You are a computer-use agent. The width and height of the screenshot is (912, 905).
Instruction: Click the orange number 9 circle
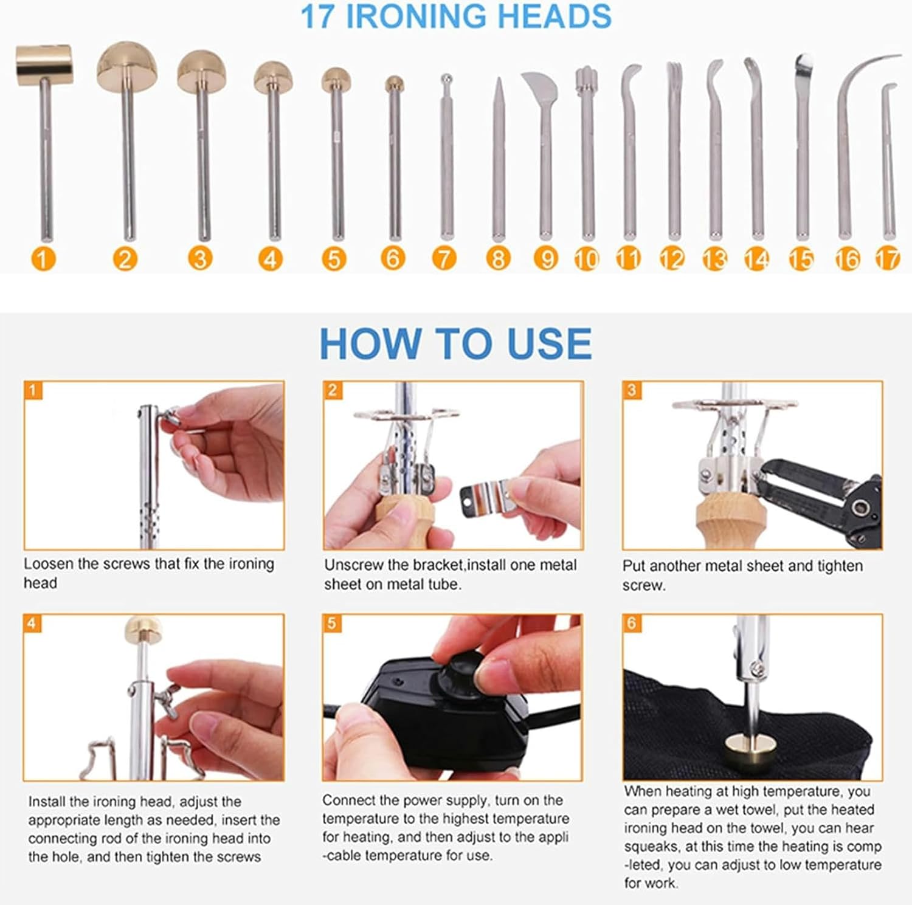[546, 260]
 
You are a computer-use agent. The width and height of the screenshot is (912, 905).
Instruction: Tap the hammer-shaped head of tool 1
[44, 64]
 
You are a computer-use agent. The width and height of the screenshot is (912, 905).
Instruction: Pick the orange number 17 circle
[888, 260]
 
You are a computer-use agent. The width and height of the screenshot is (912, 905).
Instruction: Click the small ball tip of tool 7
[446, 78]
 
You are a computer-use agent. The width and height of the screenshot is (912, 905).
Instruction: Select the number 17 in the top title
[318, 16]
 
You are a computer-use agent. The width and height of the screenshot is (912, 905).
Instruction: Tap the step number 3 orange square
[632, 390]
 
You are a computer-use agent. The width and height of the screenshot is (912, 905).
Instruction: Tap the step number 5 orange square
[331, 623]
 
